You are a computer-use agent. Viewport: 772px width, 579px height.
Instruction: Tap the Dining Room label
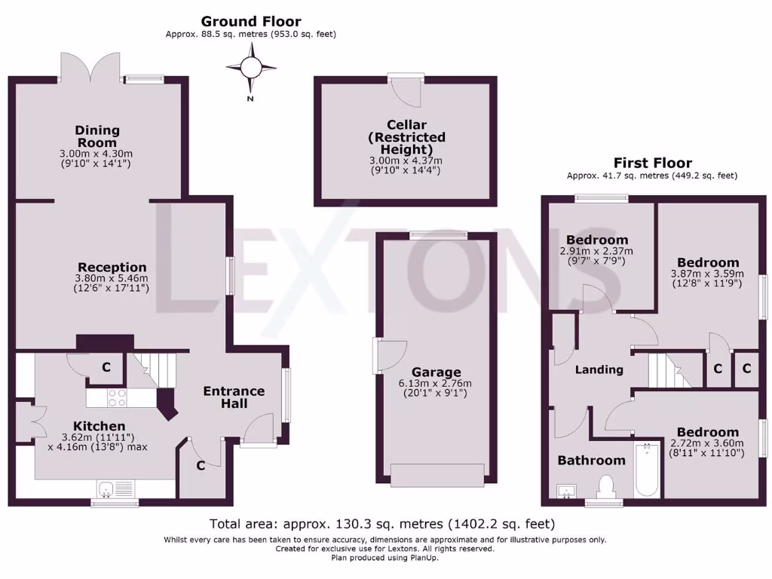tap(97, 136)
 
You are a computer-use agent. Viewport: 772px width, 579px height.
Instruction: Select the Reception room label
tap(112, 267)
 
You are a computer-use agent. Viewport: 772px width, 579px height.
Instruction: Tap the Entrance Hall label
tap(234, 397)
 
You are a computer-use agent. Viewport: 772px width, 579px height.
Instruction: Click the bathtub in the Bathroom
tap(646, 470)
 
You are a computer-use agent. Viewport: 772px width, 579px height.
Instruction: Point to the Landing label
tap(599, 369)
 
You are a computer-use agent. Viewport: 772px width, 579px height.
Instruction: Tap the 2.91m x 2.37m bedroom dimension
tap(596, 251)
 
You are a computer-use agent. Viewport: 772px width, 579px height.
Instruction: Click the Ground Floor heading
tap(251, 21)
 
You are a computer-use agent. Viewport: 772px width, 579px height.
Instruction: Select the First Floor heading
tap(652, 162)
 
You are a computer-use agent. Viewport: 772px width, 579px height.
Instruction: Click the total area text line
tap(382, 523)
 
